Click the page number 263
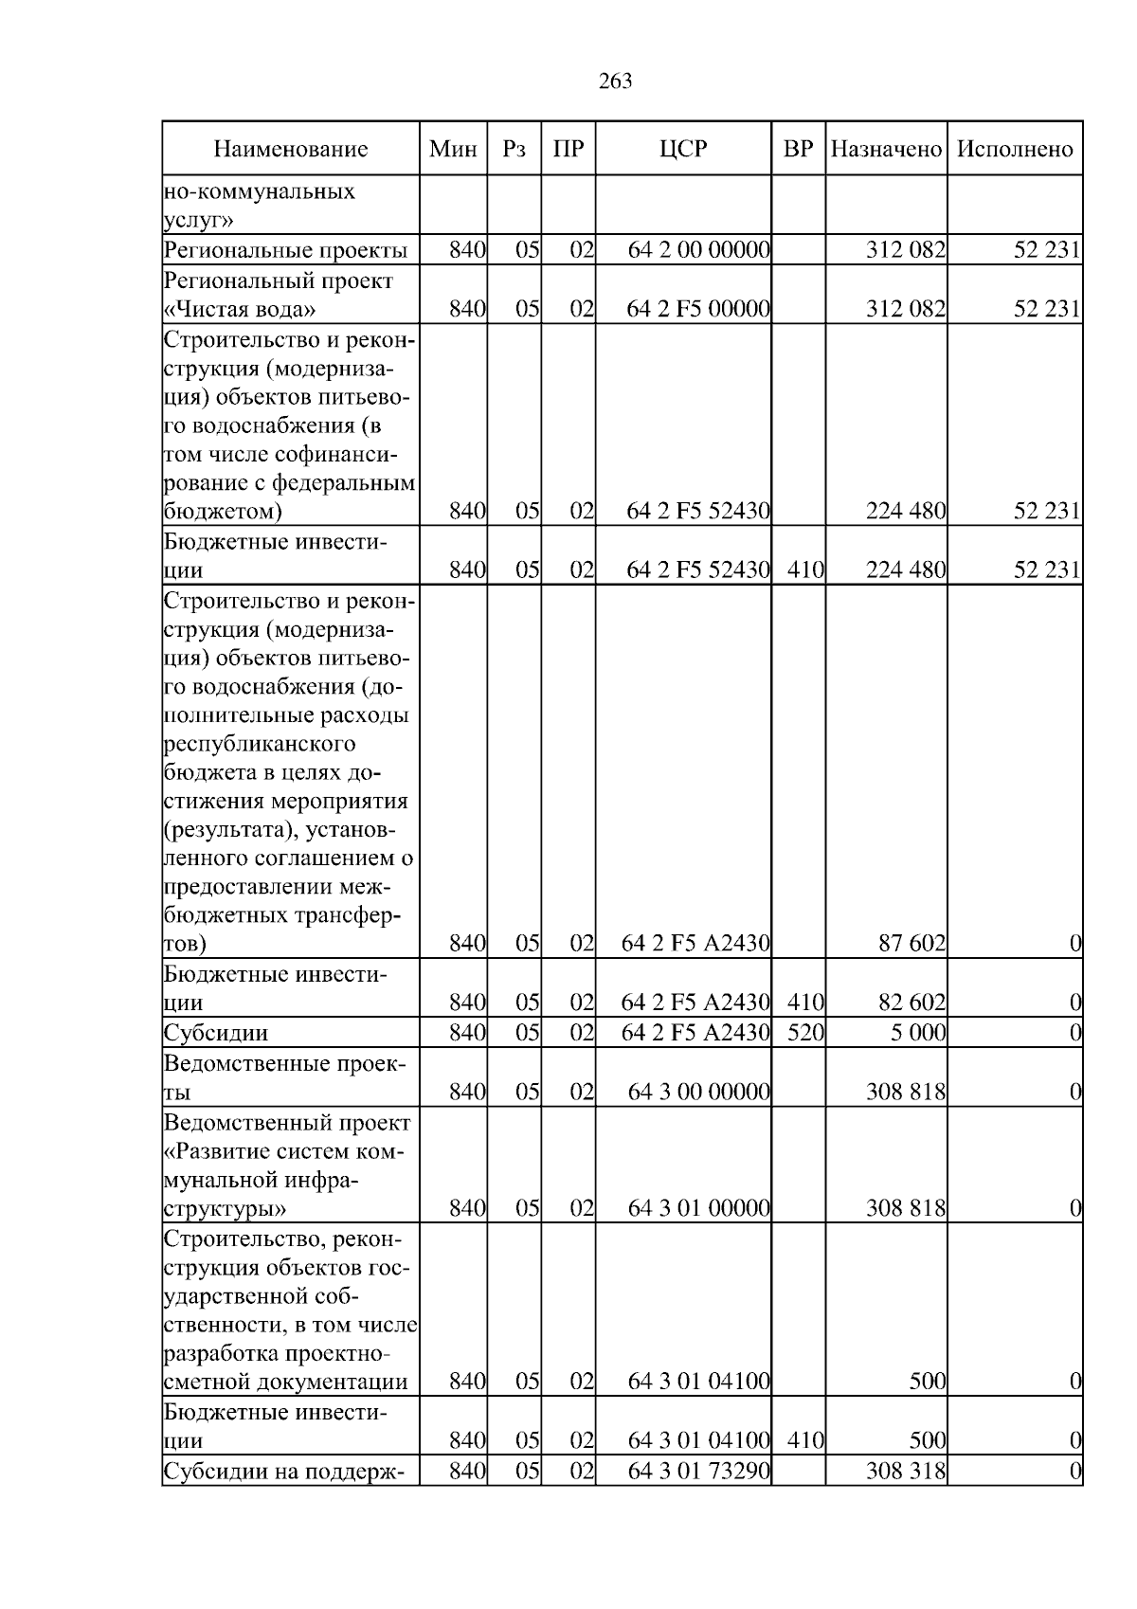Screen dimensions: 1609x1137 click(616, 81)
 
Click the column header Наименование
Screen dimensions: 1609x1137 click(290, 150)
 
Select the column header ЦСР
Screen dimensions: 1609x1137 click(683, 150)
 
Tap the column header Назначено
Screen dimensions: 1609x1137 click(886, 150)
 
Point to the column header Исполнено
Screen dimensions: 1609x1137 click(1015, 150)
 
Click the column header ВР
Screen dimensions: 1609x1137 click(799, 150)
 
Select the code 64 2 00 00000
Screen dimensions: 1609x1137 click(698, 250)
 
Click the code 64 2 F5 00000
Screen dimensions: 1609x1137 click(698, 309)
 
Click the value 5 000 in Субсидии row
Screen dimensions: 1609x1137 click(918, 1032)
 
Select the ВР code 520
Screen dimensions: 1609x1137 click(805, 1032)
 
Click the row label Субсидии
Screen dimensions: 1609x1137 click(216, 1032)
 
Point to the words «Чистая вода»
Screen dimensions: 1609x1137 click(240, 310)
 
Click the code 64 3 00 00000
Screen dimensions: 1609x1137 click(698, 1092)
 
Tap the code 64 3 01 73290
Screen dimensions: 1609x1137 click(698, 1472)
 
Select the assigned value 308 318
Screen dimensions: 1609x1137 click(906, 1472)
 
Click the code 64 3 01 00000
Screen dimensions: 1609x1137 click(698, 1208)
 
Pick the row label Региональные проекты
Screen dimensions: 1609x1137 click(285, 250)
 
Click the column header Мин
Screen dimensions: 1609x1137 click(453, 150)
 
